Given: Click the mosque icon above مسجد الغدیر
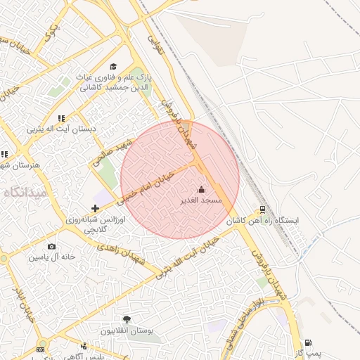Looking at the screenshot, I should coord(202,189).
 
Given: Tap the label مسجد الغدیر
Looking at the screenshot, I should coord(202,200).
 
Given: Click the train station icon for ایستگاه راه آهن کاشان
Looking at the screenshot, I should coord(262,209).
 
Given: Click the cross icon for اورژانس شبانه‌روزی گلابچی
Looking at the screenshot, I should coord(95,207).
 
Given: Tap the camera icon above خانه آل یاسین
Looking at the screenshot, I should coord(51,246).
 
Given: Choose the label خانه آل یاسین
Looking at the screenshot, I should coord(51,257).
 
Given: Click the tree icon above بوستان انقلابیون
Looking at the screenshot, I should coord(127,320).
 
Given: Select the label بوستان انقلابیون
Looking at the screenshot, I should coord(127,330).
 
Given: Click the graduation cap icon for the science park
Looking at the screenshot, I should coord(113,66).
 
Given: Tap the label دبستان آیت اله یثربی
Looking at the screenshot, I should coord(60,129).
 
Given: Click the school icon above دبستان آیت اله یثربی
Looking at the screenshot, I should coord(61,118).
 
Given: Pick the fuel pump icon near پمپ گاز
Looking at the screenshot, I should coord(308,342).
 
